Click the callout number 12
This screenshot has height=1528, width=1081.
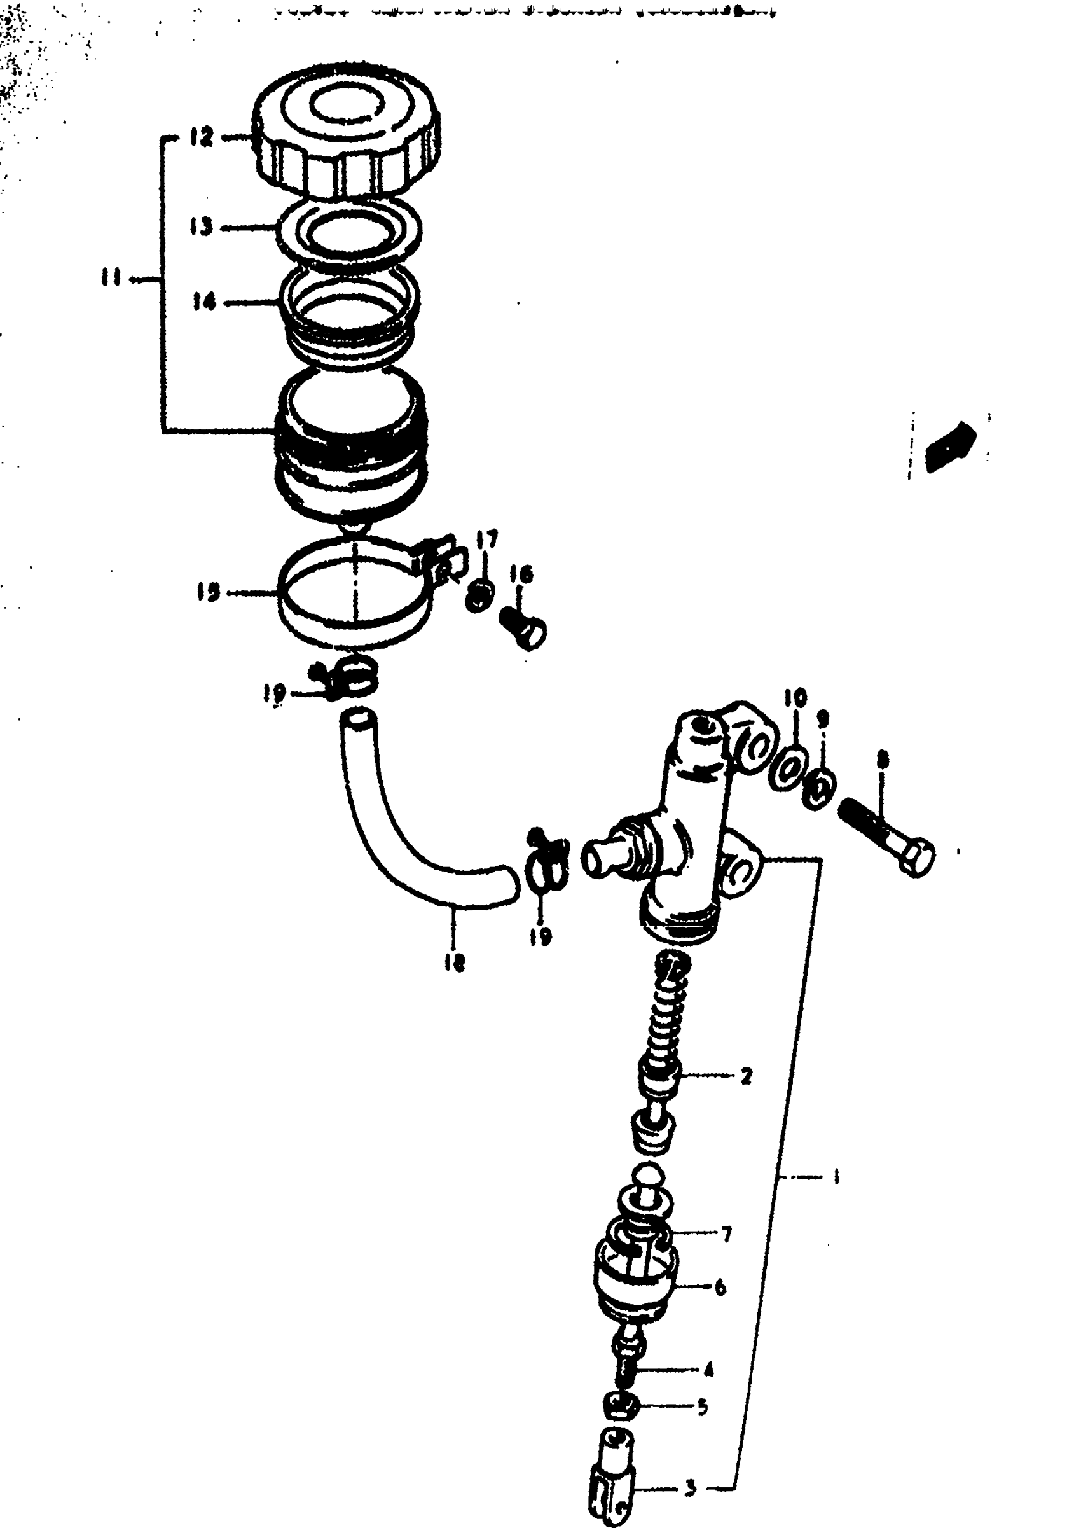pyautogui.click(x=200, y=138)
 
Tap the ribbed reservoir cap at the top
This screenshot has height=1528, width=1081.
pyautogui.click(x=347, y=130)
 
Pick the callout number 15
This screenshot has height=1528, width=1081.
pyautogui.click(x=209, y=592)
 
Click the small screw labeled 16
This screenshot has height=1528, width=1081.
pyautogui.click(x=525, y=625)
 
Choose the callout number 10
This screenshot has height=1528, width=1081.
pyautogui.click(x=795, y=698)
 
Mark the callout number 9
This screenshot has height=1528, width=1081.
pyautogui.click(x=823, y=718)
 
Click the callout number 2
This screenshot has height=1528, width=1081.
pyautogui.click(x=745, y=1075)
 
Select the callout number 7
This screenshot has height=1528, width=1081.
pyautogui.click(x=727, y=1235)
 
